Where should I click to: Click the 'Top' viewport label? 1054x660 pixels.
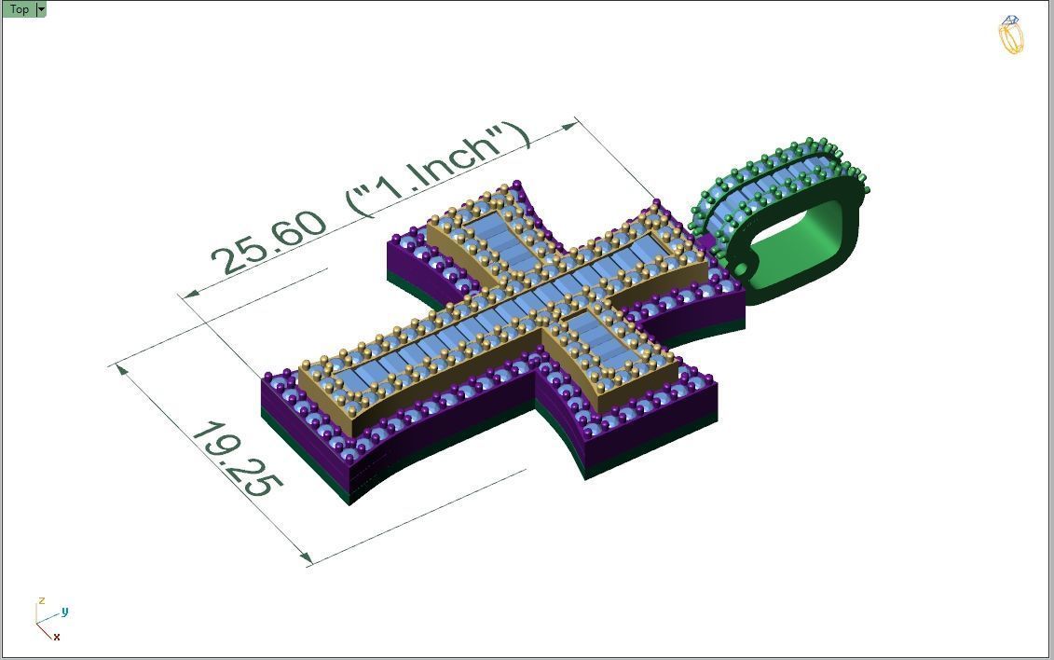[x=19, y=9]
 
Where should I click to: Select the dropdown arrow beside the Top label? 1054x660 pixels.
[x=41, y=9]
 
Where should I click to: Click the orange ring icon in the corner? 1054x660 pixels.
[x=1011, y=35]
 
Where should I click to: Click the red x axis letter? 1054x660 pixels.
[x=57, y=637]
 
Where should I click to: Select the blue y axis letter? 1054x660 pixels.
[x=64, y=612]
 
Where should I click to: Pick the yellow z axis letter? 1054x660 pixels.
[x=41, y=601]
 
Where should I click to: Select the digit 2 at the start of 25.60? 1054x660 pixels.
[x=225, y=260]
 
